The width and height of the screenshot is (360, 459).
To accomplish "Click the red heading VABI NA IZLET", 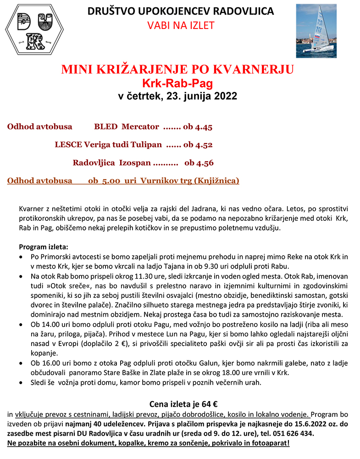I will pos(181,25).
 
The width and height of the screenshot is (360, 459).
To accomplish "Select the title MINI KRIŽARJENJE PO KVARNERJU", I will pos(177,70).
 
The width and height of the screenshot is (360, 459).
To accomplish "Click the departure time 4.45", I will pos(203,127).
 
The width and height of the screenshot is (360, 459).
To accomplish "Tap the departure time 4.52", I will pos(203,145).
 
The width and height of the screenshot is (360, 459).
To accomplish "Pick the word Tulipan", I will pos(144,145).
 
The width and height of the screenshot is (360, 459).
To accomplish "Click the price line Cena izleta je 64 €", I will pos(183,404).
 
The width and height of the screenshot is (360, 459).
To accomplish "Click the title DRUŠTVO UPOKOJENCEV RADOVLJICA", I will pos(181,11).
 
